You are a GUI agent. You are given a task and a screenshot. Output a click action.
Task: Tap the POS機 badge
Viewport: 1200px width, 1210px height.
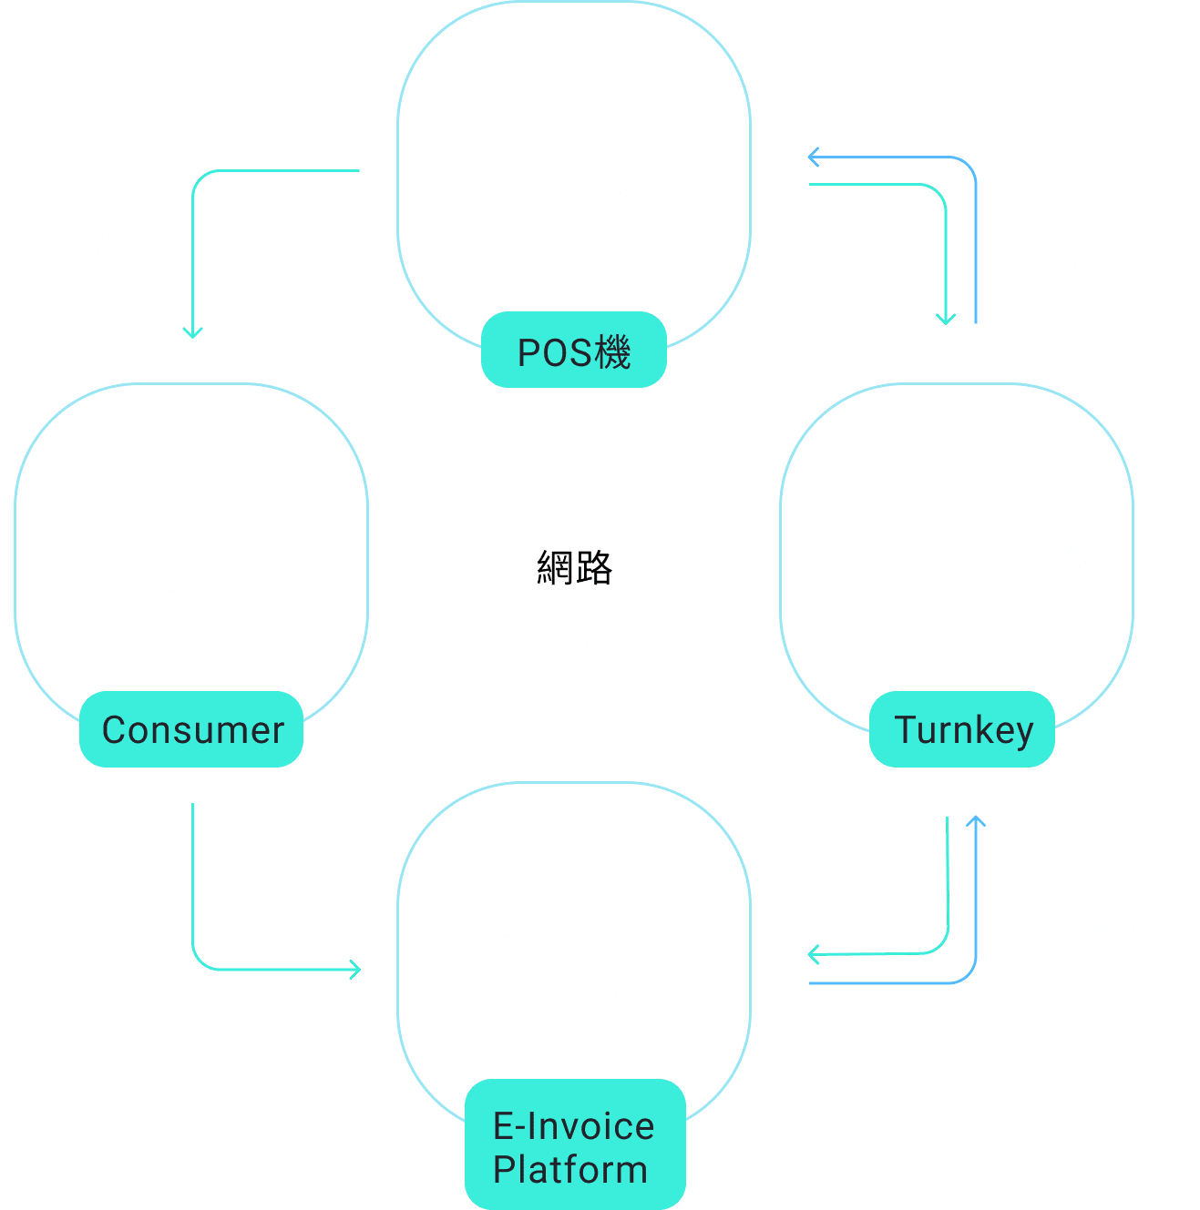(574, 351)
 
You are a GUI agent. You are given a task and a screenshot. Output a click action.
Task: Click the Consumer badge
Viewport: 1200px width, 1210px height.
(191, 729)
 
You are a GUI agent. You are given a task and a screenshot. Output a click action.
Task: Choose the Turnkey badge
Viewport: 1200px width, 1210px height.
(962, 729)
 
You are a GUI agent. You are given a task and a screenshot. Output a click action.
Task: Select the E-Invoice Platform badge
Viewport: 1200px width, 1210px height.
(574, 1146)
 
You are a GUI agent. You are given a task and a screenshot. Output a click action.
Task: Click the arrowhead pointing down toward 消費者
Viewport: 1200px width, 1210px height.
(192, 332)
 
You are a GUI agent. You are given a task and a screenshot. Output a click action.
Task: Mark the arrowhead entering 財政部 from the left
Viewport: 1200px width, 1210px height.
(354, 969)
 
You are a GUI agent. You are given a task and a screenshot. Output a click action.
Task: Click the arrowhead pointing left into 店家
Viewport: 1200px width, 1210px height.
(814, 158)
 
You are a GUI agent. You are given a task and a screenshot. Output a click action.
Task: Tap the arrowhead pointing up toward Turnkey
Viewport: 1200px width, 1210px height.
(976, 821)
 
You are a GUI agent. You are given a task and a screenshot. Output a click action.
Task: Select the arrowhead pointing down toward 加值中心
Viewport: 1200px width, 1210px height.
(946, 318)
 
